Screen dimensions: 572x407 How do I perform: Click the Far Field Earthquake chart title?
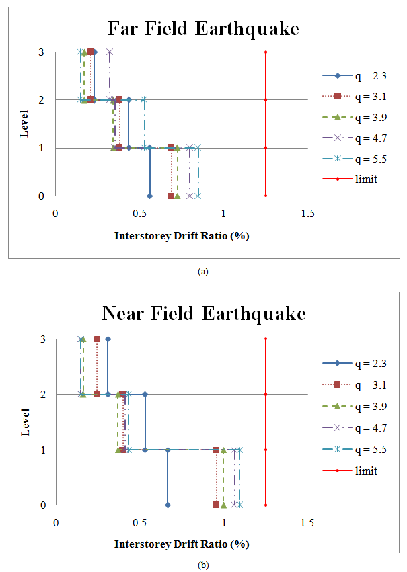tap(203, 29)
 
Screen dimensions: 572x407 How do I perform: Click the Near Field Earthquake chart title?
tap(203, 314)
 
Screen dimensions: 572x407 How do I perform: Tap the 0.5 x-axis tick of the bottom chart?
tap(140, 522)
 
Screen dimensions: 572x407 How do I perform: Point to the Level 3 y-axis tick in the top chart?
tap(40, 52)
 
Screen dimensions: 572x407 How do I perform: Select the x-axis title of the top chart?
tap(182, 236)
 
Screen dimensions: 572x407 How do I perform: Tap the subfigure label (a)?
tap(203, 272)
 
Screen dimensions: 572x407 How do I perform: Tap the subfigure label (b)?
tap(203, 565)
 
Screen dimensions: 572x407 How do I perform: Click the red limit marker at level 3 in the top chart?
tap(266, 52)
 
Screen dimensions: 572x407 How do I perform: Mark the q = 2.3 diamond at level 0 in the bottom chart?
tap(168, 505)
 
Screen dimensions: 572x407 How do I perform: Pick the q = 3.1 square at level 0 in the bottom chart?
tap(216, 505)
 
